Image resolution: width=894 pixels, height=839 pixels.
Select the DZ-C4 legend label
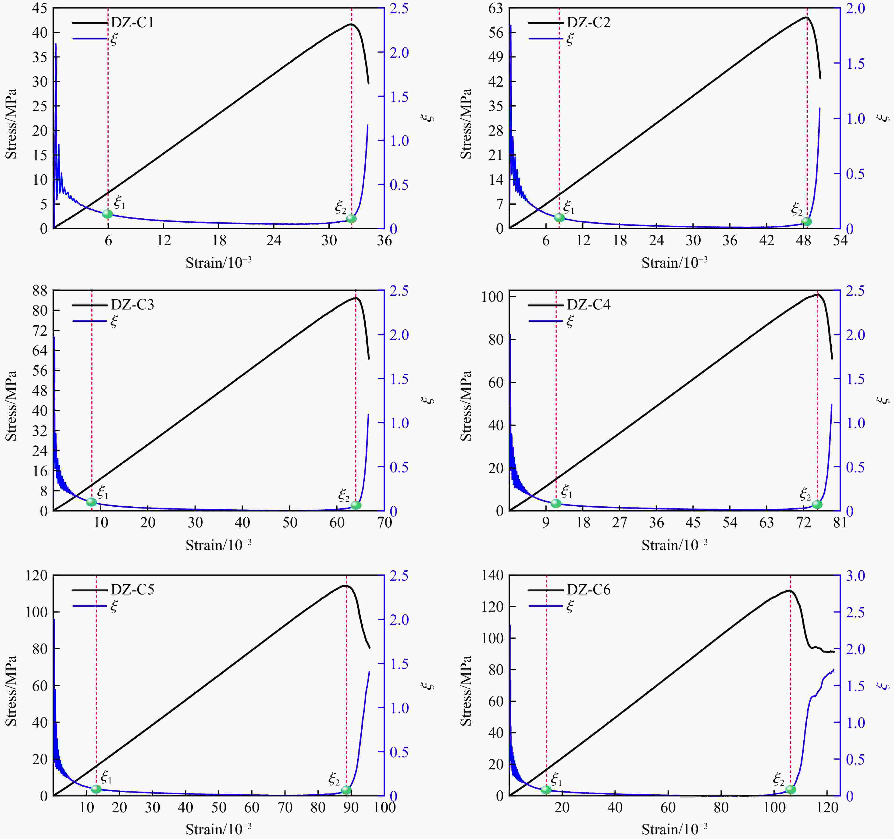(588, 305)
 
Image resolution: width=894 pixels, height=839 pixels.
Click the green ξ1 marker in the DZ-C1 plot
(107, 213)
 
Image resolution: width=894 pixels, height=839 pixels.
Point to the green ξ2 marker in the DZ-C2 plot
(806, 221)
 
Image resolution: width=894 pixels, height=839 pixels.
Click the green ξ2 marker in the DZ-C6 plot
(790, 789)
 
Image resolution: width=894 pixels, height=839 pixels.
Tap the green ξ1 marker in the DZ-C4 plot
(556, 503)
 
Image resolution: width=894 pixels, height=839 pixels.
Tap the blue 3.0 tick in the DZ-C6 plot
(855, 576)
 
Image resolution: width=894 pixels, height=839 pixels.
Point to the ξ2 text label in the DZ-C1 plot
(340, 207)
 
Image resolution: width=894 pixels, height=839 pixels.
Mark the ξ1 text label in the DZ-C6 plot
(556, 778)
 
